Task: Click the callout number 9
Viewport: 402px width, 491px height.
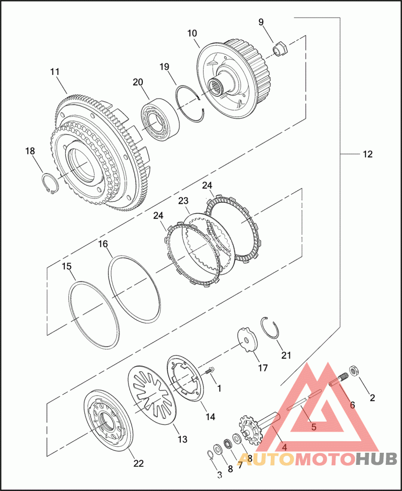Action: coord(261,22)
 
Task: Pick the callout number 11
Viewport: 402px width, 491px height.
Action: coord(55,71)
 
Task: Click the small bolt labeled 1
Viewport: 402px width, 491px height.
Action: coord(210,372)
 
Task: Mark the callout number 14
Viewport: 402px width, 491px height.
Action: coord(210,417)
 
